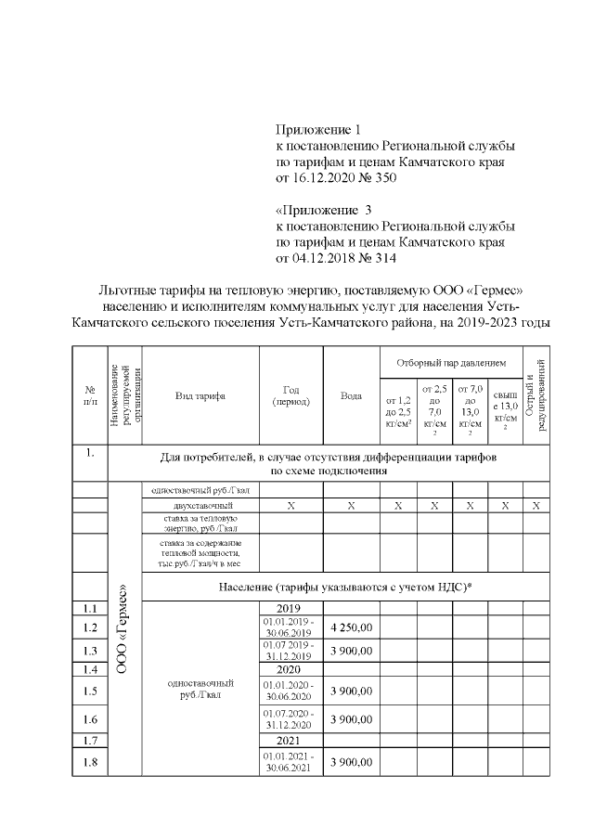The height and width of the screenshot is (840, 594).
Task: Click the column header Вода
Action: (x=351, y=395)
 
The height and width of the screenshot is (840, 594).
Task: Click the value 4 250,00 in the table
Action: (x=351, y=627)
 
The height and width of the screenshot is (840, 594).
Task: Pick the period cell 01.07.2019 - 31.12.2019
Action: (x=288, y=650)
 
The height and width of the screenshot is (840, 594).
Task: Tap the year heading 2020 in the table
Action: (x=288, y=668)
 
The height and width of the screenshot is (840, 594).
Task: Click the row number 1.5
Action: (x=90, y=691)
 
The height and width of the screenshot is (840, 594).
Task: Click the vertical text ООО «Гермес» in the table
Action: (x=123, y=640)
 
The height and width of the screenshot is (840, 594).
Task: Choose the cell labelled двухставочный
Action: (x=198, y=505)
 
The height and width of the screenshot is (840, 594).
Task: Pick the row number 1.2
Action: (x=90, y=627)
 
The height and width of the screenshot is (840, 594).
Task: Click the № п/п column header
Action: (x=90, y=395)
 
